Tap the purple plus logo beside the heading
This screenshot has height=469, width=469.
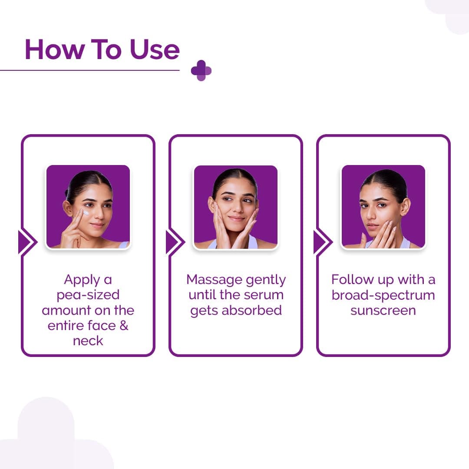tap(201, 70)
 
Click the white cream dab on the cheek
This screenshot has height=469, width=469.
tap(86, 213)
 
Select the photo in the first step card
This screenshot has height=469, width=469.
tap(88, 207)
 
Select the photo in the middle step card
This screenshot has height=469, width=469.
tap(235, 207)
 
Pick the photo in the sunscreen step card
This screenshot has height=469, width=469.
tap(383, 207)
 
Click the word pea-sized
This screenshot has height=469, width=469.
tap(88, 295)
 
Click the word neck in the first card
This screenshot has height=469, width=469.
tap(88, 341)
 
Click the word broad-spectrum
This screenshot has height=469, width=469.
tap(383, 295)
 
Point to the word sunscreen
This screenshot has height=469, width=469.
tap(383, 310)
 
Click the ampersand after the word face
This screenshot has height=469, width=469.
tap(124, 326)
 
